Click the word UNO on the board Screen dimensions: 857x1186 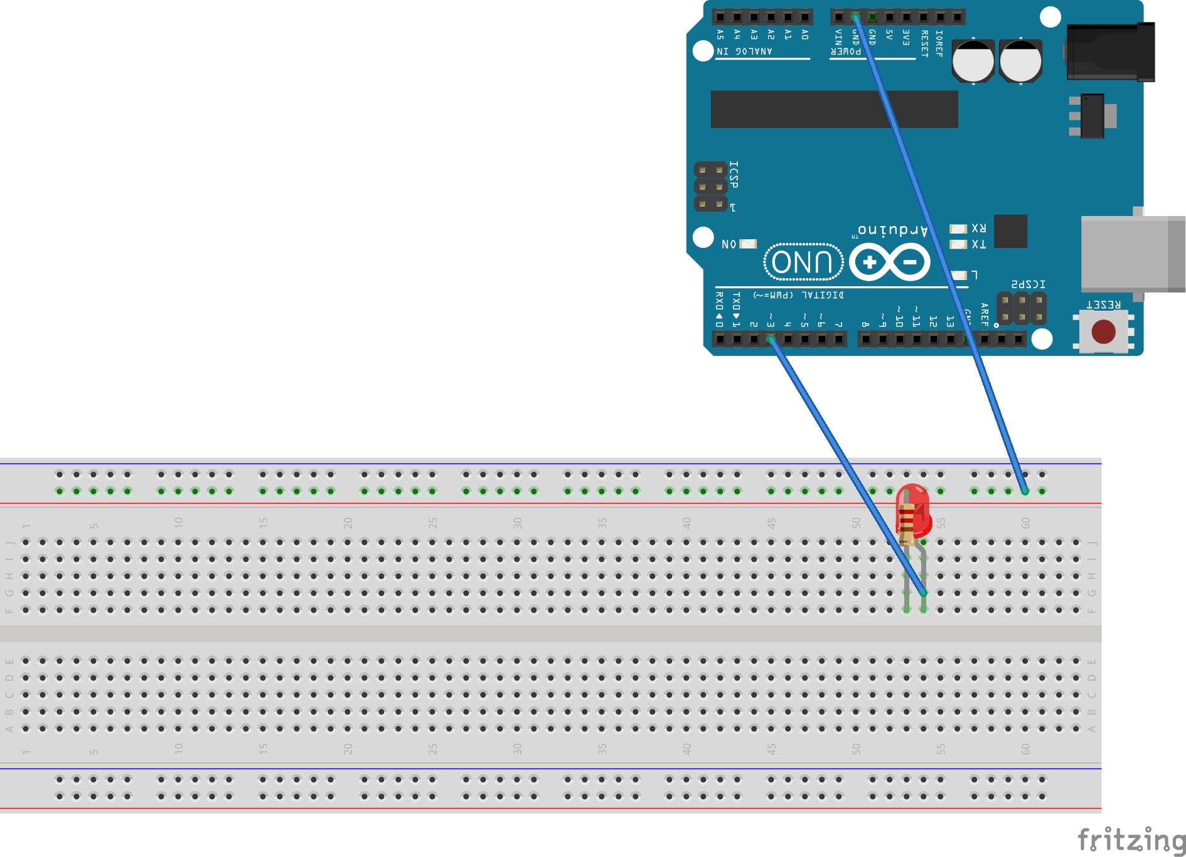click(803, 262)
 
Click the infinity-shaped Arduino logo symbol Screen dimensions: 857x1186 click(889, 262)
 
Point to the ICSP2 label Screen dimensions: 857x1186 click(1028, 284)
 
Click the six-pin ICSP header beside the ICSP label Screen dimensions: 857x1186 click(710, 186)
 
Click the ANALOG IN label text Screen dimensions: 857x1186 click(744, 51)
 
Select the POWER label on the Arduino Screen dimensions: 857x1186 click(846, 51)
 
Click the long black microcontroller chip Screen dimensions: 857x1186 click(834, 109)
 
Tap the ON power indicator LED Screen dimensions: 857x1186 click(748, 244)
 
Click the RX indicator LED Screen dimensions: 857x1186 click(958, 229)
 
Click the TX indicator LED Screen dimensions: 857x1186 click(958, 244)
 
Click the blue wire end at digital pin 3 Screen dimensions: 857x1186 click(771, 339)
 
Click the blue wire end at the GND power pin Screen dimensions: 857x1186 click(855, 17)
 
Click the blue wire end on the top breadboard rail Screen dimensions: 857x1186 click(1025, 491)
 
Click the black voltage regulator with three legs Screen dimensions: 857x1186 click(1092, 116)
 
